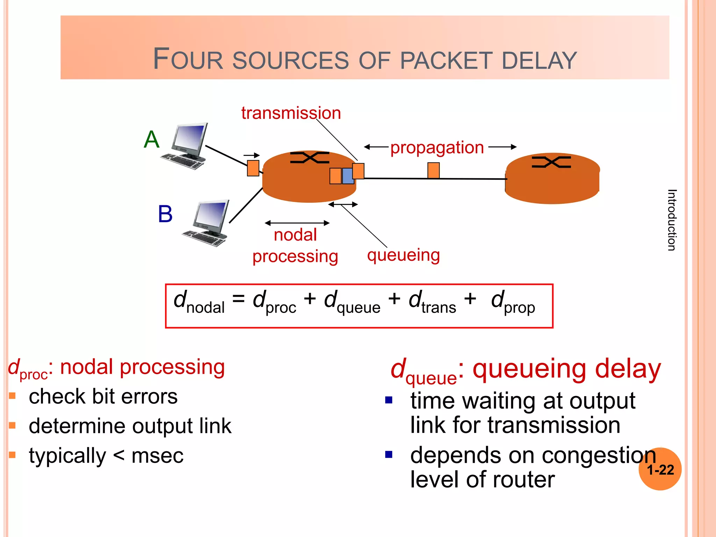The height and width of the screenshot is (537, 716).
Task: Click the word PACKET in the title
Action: coord(446,60)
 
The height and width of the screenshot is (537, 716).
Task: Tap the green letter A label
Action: coord(152,139)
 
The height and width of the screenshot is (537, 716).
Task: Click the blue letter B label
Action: coord(165,214)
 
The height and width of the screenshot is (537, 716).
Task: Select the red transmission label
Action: coord(291,113)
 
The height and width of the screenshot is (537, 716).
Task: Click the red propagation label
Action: coord(437,148)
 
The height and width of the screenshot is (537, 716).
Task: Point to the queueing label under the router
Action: coord(403,255)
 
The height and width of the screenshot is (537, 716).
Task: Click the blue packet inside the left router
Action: coord(348,176)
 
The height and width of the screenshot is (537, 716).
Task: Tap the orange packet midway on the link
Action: coord(433,170)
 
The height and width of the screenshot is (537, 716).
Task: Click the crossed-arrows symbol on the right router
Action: coord(551,162)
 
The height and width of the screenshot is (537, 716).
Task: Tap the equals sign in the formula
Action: coord(238,299)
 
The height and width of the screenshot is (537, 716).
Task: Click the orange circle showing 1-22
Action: coord(660,469)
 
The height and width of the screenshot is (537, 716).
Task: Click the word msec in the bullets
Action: coord(157,456)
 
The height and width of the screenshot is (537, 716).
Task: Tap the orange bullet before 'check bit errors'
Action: coord(13,396)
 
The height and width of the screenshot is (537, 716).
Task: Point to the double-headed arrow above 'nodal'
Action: coord(297,223)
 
